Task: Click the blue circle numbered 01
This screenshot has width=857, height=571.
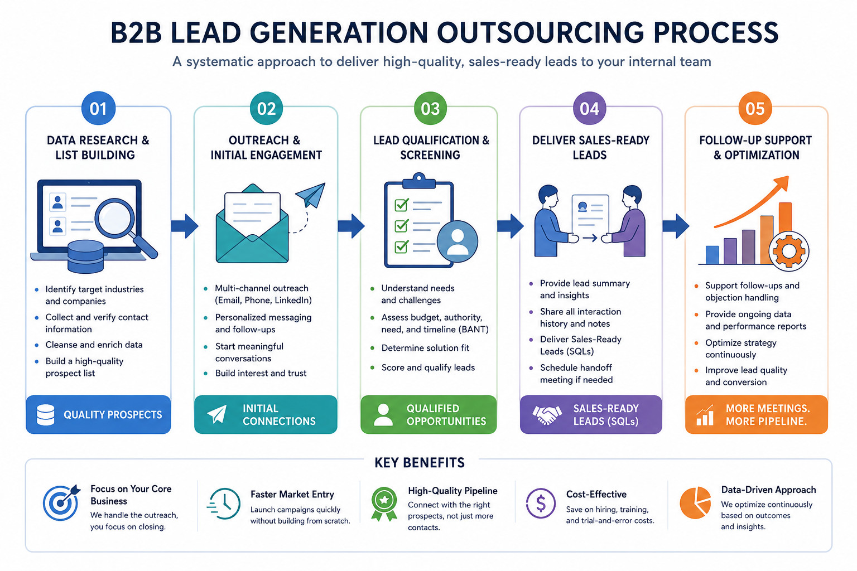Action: click(x=98, y=108)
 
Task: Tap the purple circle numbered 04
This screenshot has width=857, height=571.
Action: click(x=589, y=108)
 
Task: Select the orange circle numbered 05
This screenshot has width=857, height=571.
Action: click(x=755, y=108)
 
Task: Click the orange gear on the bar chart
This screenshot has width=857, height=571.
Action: click(x=788, y=251)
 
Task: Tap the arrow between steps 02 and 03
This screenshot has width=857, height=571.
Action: click(x=351, y=226)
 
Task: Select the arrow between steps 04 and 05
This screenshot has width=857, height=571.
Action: click(x=676, y=226)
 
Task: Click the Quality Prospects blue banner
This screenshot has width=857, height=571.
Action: click(x=98, y=414)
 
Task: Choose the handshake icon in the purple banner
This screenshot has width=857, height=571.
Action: click(x=547, y=415)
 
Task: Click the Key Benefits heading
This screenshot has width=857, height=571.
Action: click(x=420, y=463)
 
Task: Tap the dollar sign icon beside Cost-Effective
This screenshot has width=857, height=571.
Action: click(x=541, y=504)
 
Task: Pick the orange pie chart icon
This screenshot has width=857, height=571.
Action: click(x=695, y=502)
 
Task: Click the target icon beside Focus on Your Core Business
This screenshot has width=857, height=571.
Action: click(x=61, y=502)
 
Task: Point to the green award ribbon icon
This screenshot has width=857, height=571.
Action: click(x=384, y=504)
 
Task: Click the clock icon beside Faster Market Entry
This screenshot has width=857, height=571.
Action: click(x=224, y=504)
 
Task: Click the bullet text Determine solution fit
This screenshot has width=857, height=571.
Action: click(x=425, y=348)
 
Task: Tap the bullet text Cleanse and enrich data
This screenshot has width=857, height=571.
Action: click(x=94, y=345)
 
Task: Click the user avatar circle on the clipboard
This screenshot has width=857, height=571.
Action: click(x=457, y=241)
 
